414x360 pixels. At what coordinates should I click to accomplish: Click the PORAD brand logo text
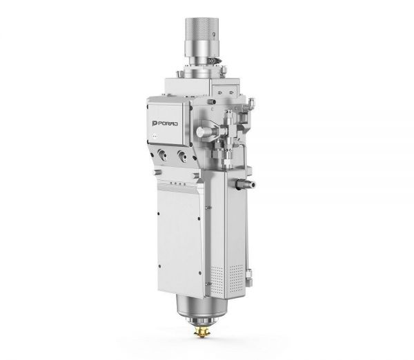(165, 123)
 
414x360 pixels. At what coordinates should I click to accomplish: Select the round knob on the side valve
(200, 132)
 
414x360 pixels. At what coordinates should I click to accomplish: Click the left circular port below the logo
(161, 154)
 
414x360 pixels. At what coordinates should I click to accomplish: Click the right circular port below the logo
(182, 155)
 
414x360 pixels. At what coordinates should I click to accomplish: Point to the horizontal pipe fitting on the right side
(245, 183)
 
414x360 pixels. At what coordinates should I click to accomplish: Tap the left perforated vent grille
(217, 280)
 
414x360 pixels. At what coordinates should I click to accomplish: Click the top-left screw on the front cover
(158, 214)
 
